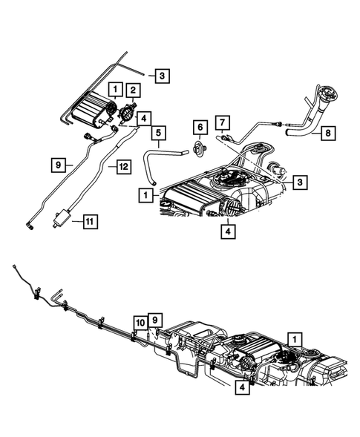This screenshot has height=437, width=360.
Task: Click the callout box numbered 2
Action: [x=133, y=90]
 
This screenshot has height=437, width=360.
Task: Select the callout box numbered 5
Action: [x=158, y=133]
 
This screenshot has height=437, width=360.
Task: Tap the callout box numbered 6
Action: [x=200, y=128]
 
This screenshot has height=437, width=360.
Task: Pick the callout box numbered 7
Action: [x=222, y=122]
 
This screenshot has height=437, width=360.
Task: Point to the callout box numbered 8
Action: [x=328, y=133]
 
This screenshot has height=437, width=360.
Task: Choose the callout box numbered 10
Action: [x=140, y=323]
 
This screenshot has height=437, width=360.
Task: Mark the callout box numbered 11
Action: [x=91, y=222]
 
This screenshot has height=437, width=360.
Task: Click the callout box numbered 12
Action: [x=124, y=167]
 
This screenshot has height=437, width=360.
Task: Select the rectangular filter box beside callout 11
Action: [x=62, y=218]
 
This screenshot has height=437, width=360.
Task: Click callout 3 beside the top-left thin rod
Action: [x=162, y=75]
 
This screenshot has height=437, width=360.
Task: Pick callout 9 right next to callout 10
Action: [x=155, y=321]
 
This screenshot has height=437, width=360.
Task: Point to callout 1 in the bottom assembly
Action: [x=295, y=339]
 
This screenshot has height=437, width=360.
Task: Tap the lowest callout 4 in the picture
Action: [x=242, y=387]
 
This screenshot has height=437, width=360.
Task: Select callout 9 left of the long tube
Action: [x=59, y=165]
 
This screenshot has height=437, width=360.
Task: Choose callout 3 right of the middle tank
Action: [x=300, y=183]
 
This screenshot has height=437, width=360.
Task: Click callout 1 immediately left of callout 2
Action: [x=116, y=90]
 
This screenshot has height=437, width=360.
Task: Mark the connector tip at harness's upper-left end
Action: [x=14, y=266]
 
